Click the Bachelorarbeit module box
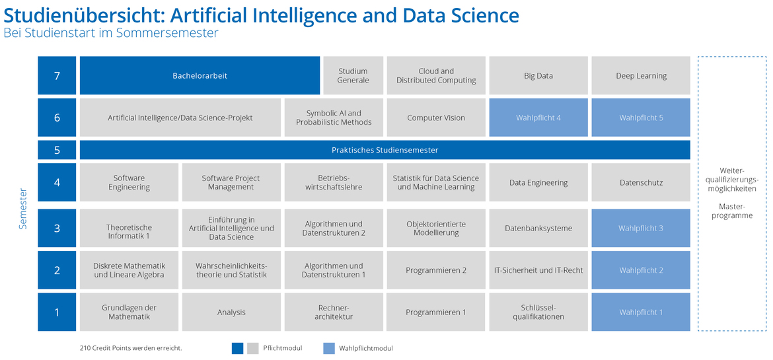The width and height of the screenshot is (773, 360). [200, 75]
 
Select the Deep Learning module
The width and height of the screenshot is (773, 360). [641, 75]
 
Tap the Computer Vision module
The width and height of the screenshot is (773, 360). [436, 118]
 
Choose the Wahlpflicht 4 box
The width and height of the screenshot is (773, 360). [538, 118]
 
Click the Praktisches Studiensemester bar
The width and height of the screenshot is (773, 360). [385, 150]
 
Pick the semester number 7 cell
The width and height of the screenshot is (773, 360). [57, 75]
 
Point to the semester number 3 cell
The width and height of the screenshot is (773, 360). [57, 228]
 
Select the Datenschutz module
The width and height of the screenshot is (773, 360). [641, 182]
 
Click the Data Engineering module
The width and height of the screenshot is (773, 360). [538, 182]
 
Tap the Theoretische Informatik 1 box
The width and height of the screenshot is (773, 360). [129, 228]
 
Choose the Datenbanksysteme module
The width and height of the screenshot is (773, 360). [538, 228]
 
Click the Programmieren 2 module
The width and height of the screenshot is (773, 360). [436, 270]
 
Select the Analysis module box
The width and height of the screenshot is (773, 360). [231, 312]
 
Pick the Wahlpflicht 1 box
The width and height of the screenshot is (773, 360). [641, 312]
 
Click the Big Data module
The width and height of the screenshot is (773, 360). [538, 75]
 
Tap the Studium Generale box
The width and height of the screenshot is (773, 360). [353, 75]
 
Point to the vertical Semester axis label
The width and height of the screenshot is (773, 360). [23, 209]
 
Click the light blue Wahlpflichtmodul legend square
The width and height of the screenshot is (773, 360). [329, 348]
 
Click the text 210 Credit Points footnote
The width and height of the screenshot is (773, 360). [131, 348]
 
